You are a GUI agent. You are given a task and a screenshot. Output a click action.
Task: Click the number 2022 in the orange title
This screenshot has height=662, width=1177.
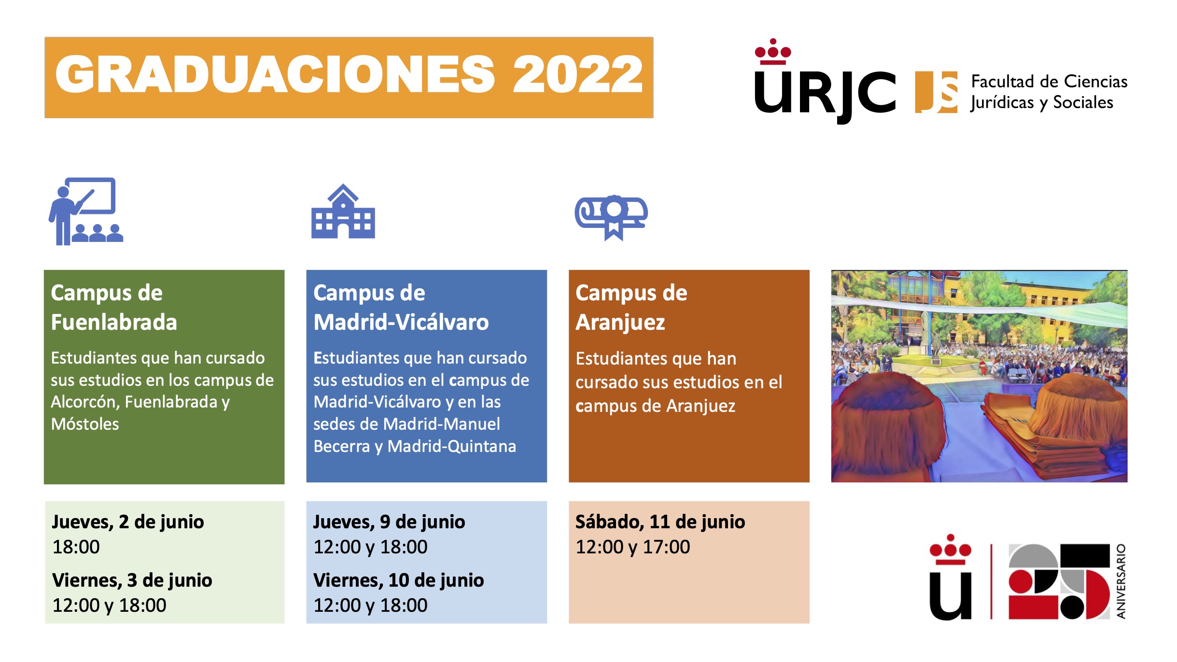577,74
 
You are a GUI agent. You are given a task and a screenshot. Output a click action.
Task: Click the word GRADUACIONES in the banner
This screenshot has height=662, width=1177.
275,74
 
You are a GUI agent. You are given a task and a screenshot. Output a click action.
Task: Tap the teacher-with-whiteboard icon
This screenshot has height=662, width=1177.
86,211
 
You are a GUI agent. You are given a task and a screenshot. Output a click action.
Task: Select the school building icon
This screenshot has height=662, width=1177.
343,211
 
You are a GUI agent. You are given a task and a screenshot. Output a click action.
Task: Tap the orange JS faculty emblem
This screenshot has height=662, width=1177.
936,92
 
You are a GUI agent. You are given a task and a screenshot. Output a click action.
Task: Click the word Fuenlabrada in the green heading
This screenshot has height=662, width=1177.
114,322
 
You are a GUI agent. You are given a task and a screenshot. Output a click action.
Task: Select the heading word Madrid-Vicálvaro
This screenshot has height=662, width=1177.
401,322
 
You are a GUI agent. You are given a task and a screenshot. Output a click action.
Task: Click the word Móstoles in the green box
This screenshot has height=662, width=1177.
85,424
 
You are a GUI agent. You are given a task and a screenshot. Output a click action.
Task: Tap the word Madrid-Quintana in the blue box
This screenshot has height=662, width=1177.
452,447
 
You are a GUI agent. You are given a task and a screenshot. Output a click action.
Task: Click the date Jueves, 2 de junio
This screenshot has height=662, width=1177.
128,522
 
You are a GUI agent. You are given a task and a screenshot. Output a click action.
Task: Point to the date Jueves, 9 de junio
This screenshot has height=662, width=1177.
389,522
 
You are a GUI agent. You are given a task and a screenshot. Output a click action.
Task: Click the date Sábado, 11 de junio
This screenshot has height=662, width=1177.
660,522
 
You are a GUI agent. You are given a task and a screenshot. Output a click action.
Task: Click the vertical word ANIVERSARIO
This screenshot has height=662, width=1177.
1121,581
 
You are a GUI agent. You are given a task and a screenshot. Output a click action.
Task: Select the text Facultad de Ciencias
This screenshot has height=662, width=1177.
1050,82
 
